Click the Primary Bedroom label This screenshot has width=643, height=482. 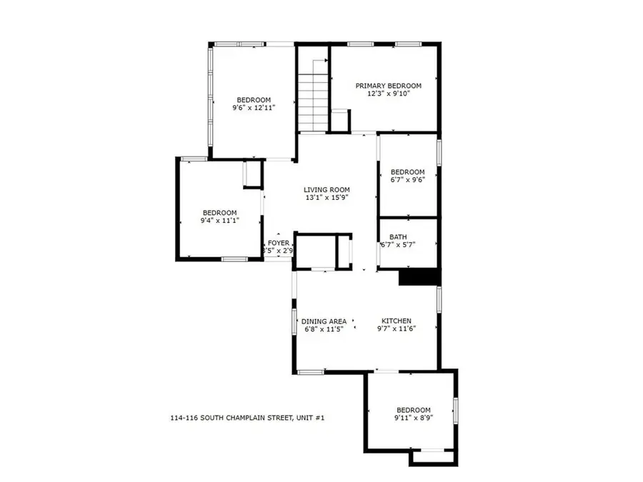pos(389,86)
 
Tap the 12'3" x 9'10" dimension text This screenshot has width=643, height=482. pos(389,94)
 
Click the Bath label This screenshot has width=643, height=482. pos(398,237)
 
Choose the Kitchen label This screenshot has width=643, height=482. pos(397,321)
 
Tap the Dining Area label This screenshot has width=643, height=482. pos(324,321)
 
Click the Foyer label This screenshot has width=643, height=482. pos(279,243)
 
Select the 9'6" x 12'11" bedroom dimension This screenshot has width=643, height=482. pos(254,107)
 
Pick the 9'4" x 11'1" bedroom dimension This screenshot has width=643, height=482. pos(219,221)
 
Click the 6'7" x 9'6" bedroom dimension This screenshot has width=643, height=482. pos(407,180)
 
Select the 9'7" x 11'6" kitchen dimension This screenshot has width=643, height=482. pos(397,329)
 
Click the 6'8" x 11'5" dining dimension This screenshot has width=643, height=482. pos(324,329)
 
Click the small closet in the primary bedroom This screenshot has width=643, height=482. pos(339,121)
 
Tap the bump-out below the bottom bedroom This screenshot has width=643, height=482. pos(432,457)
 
